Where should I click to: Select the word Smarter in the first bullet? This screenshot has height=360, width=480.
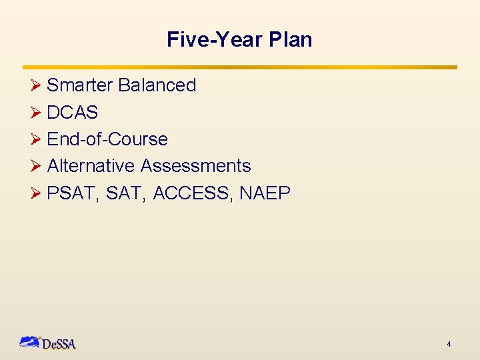(80, 85)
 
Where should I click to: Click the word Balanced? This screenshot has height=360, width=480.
(157, 85)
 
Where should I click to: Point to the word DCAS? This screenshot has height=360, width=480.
(73, 113)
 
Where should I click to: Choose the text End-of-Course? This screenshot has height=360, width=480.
(107, 139)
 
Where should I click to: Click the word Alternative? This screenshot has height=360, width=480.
(91, 166)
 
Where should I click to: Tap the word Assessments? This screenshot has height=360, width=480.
(196, 166)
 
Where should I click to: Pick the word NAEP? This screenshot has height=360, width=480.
(265, 193)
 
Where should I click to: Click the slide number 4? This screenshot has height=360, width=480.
(449, 344)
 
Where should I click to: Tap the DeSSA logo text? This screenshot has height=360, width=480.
(59, 345)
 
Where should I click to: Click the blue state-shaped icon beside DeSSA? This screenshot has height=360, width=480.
(30, 342)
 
